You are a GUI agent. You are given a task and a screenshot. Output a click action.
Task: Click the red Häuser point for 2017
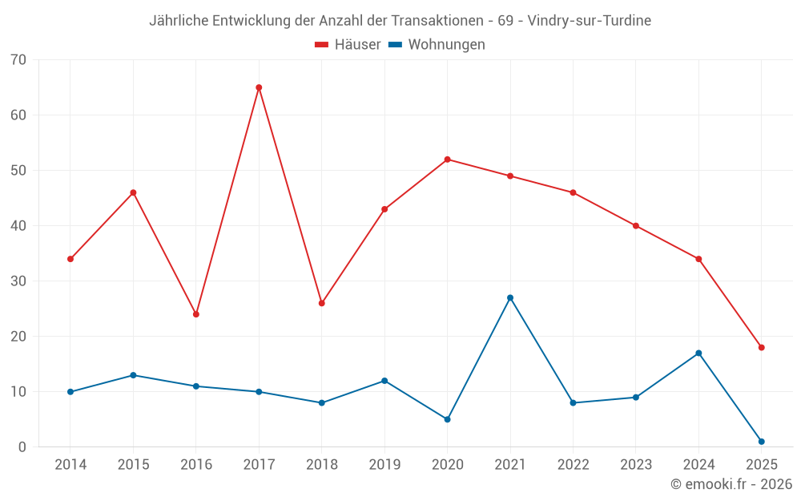coord(259,87)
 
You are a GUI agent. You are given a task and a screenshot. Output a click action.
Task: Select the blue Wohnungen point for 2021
coord(510,297)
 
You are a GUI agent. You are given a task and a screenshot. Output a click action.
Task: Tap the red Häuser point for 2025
coord(762,347)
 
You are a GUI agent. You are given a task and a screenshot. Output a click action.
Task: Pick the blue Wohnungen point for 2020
coord(447,419)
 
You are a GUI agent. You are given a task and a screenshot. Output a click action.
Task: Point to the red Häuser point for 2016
coord(195,314)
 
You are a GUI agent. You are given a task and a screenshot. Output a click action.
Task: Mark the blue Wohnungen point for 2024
coord(698,353)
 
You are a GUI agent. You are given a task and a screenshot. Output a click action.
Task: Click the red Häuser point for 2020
coord(447,160)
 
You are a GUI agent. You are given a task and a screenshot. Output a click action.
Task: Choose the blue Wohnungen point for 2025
coord(762,442)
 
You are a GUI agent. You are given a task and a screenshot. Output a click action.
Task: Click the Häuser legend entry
coord(348,45)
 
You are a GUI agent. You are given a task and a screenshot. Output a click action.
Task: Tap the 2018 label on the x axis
coord(321,465)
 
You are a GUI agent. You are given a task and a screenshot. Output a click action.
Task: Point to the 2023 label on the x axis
coord(636,465)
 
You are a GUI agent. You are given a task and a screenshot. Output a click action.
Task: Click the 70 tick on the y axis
coord(18,60)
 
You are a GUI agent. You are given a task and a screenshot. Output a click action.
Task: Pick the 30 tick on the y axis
coord(18,281)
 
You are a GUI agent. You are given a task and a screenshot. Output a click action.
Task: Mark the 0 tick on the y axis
coord(22,447)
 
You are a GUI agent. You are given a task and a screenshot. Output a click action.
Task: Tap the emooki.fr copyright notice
coord(731,484)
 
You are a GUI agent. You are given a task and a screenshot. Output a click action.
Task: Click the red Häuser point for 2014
coord(70,259)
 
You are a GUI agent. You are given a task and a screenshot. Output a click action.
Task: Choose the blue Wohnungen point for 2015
coord(133,375)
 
